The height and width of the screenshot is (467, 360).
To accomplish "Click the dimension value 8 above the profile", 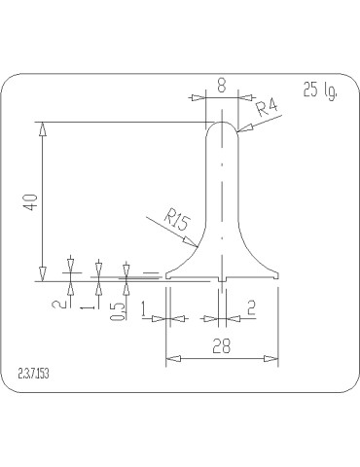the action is (x=221, y=87).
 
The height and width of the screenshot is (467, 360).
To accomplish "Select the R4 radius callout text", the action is (x=268, y=108).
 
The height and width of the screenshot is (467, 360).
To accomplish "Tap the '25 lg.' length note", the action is (x=320, y=90).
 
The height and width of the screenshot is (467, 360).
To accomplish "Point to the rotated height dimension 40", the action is (x=31, y=201).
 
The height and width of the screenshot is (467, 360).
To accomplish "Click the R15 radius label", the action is (x=177, y=219).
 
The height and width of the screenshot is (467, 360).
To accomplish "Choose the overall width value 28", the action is (x=222, y=345).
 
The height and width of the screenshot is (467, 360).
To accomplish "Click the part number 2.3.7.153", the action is (x=34, y=374).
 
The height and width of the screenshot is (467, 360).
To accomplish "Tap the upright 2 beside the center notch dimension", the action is (x=252, y=307).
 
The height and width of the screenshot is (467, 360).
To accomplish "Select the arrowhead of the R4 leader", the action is (x=242, y=129).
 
